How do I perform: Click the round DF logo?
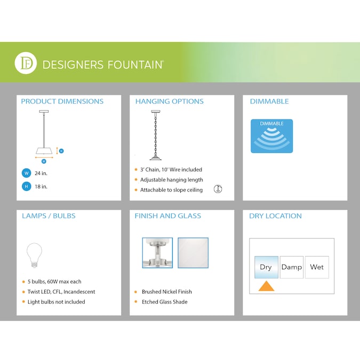(26, 64)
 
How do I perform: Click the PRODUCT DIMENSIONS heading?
(62, 101)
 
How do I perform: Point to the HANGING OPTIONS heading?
(169, 101)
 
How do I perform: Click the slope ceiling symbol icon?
(218, 189)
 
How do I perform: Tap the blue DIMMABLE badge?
(272, 136)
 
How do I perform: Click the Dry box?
(266, 267)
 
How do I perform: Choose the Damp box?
(291, 267)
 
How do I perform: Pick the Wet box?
(317, 267)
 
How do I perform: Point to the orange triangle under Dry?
(266, 287)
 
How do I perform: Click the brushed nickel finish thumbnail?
(157, 253)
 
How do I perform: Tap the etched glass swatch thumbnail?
(193, 253)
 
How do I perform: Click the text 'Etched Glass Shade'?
(164, 302)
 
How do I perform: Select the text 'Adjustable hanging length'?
(171, 180)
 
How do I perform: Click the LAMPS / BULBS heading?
(49, 216)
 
